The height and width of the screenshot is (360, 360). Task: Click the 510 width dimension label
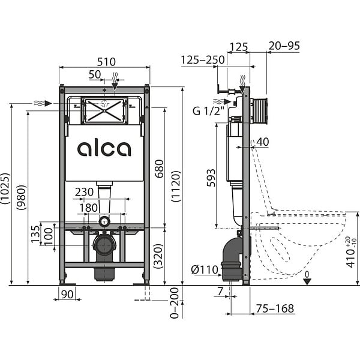tap(106, 62)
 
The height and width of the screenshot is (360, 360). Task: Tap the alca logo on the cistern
tap(104, 149)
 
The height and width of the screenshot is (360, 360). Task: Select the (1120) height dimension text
tap(176, 187)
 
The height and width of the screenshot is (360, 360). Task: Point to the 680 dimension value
tap(159, 169)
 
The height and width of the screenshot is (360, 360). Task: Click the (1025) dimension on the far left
tap(5, 188)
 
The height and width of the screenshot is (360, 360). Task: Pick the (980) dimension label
tap(22, 197)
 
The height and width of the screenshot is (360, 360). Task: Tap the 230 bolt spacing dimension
tap(84, 192)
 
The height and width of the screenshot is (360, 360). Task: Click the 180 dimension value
tap(88, 208)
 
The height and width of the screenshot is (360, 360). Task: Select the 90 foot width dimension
tap(67, 295)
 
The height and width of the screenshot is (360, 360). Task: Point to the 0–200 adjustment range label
tap(174, 303)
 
